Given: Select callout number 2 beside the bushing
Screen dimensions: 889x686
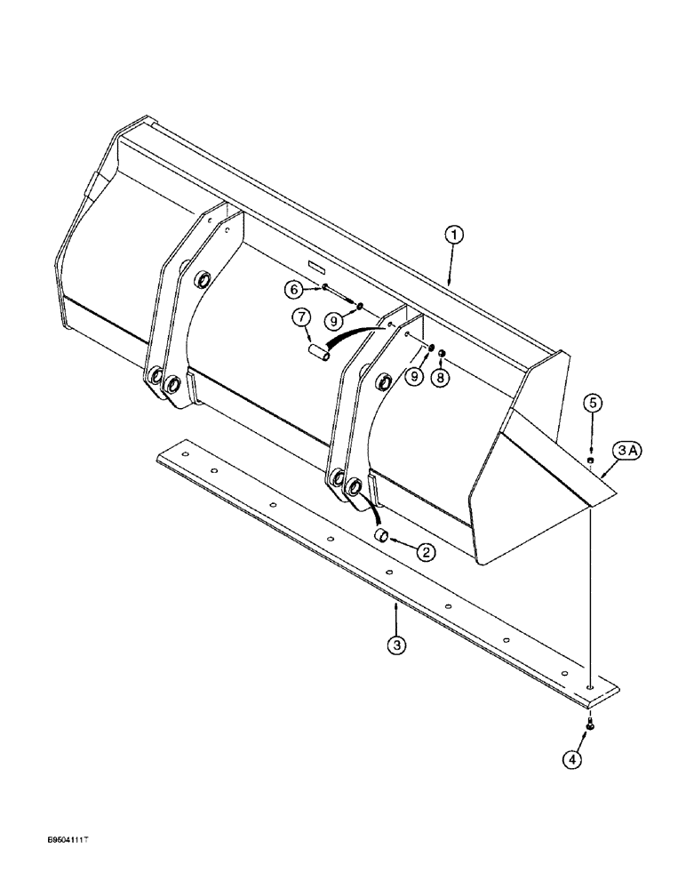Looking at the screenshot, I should click(426, 552).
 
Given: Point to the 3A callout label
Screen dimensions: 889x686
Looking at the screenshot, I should click(626, 452).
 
